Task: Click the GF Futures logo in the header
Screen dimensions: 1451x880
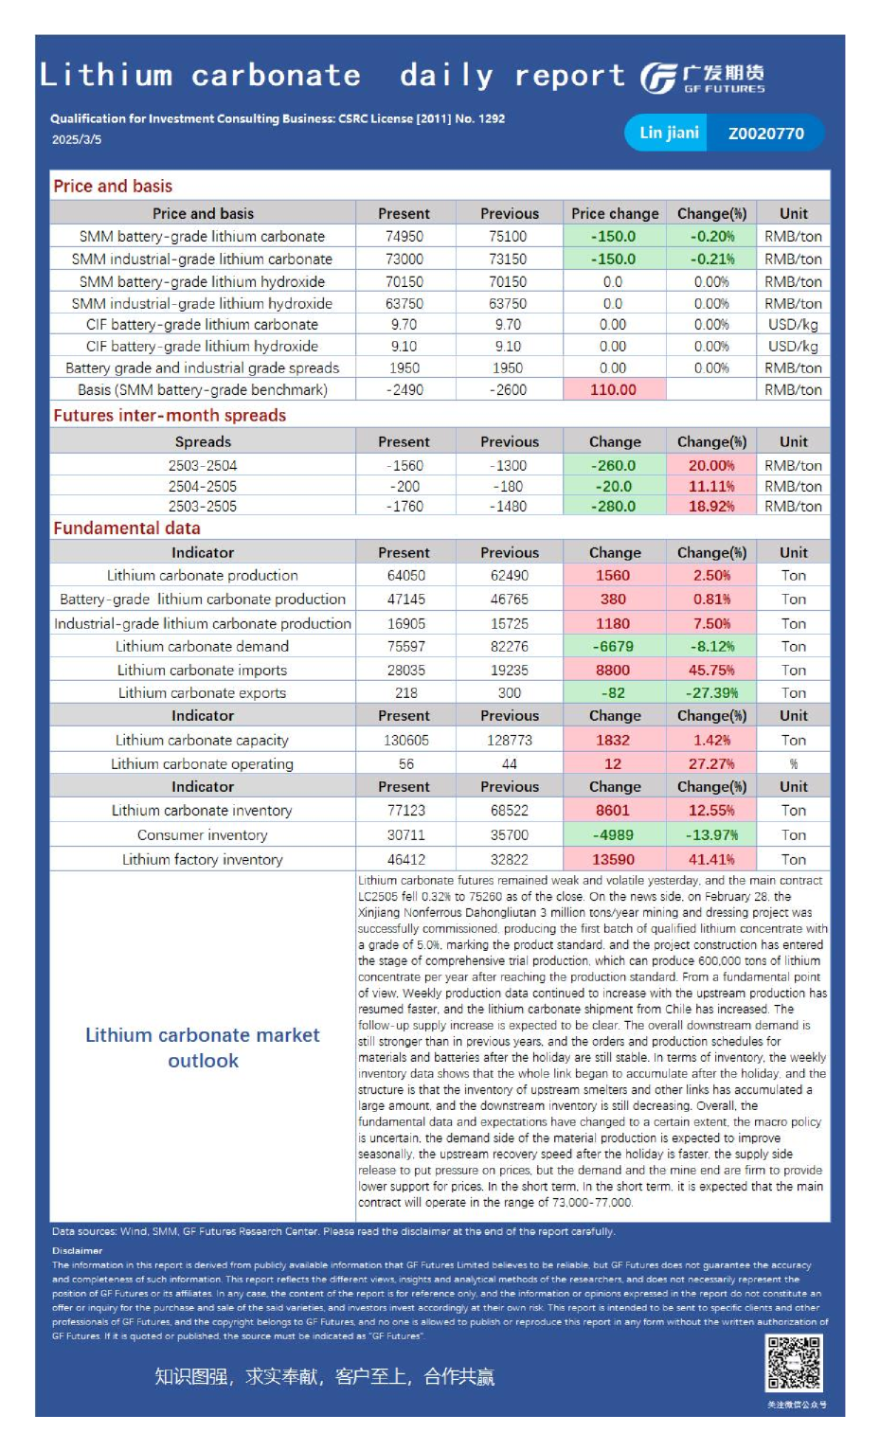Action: pyautogui.click(x=702, y=78)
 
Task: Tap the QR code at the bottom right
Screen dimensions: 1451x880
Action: pyautogui.click(x=794, y=1362)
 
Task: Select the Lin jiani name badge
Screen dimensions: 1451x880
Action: pyautogui.click(x=669, y=133)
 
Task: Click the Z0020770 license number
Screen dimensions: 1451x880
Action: pyautogui.click(x=765, y=134)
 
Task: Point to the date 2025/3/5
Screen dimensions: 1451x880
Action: pyautogui.click(x=77, y=139)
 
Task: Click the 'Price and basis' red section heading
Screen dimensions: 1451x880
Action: pyautogui.click(x=113, y=186)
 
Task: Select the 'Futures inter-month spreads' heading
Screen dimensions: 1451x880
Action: pyautogui.click(x=170, y=415)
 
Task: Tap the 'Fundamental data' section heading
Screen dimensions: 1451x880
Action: pyautogui.click(x=127, y=528)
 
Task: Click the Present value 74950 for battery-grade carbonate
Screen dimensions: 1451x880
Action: pyautogui.click(x=404, y=236)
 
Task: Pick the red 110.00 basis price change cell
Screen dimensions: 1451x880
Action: pyautogui.click(x=613, y=389)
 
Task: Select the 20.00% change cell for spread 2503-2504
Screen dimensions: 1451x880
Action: pyautogui.click(x=711, y=465)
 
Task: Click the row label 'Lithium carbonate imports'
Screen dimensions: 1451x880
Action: pyautogui.click(x=202, y=670)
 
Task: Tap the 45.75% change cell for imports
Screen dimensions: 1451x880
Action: pyautogui.click(x=711, y=670)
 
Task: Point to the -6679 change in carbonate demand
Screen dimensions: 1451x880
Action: pyautogui.click(x=613, y=646)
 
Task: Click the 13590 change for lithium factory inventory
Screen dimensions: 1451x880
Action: pyautogui.click(x=613, y=859)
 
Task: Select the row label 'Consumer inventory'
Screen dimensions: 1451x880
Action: pyautogui.click(x=202, y=834)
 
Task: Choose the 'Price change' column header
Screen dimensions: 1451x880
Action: pyautogui.click(x=615, y=213)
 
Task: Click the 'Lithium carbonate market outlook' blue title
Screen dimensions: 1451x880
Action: pyautogui.click(x=203, y=1048)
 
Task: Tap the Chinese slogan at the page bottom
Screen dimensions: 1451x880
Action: pyautogui.click(x=325, y=1376)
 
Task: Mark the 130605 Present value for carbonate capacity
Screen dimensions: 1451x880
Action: pyautogui.click(x=405, y=740)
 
